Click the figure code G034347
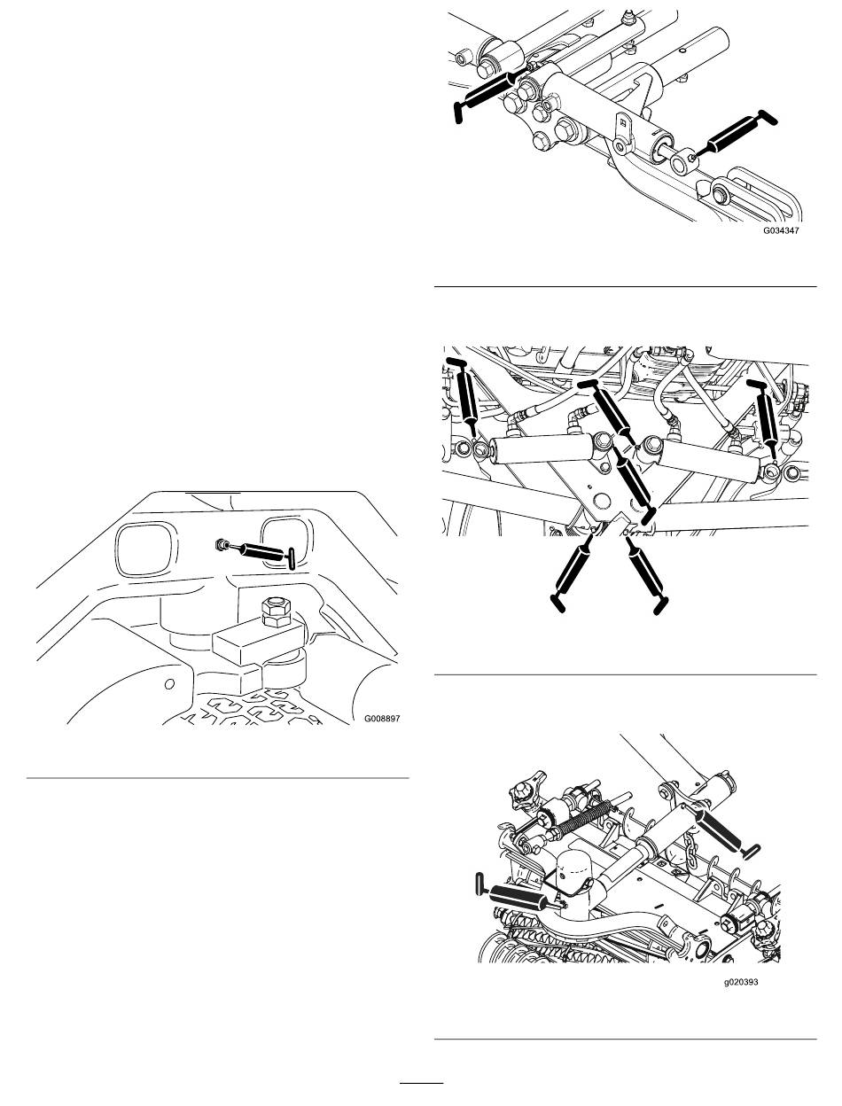[x=781, y=230]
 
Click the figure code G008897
[x=382, y=719]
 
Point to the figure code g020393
[x=741, y=982]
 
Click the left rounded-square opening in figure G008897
[x=147, y=549]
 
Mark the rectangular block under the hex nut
[x=258, y=641]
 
